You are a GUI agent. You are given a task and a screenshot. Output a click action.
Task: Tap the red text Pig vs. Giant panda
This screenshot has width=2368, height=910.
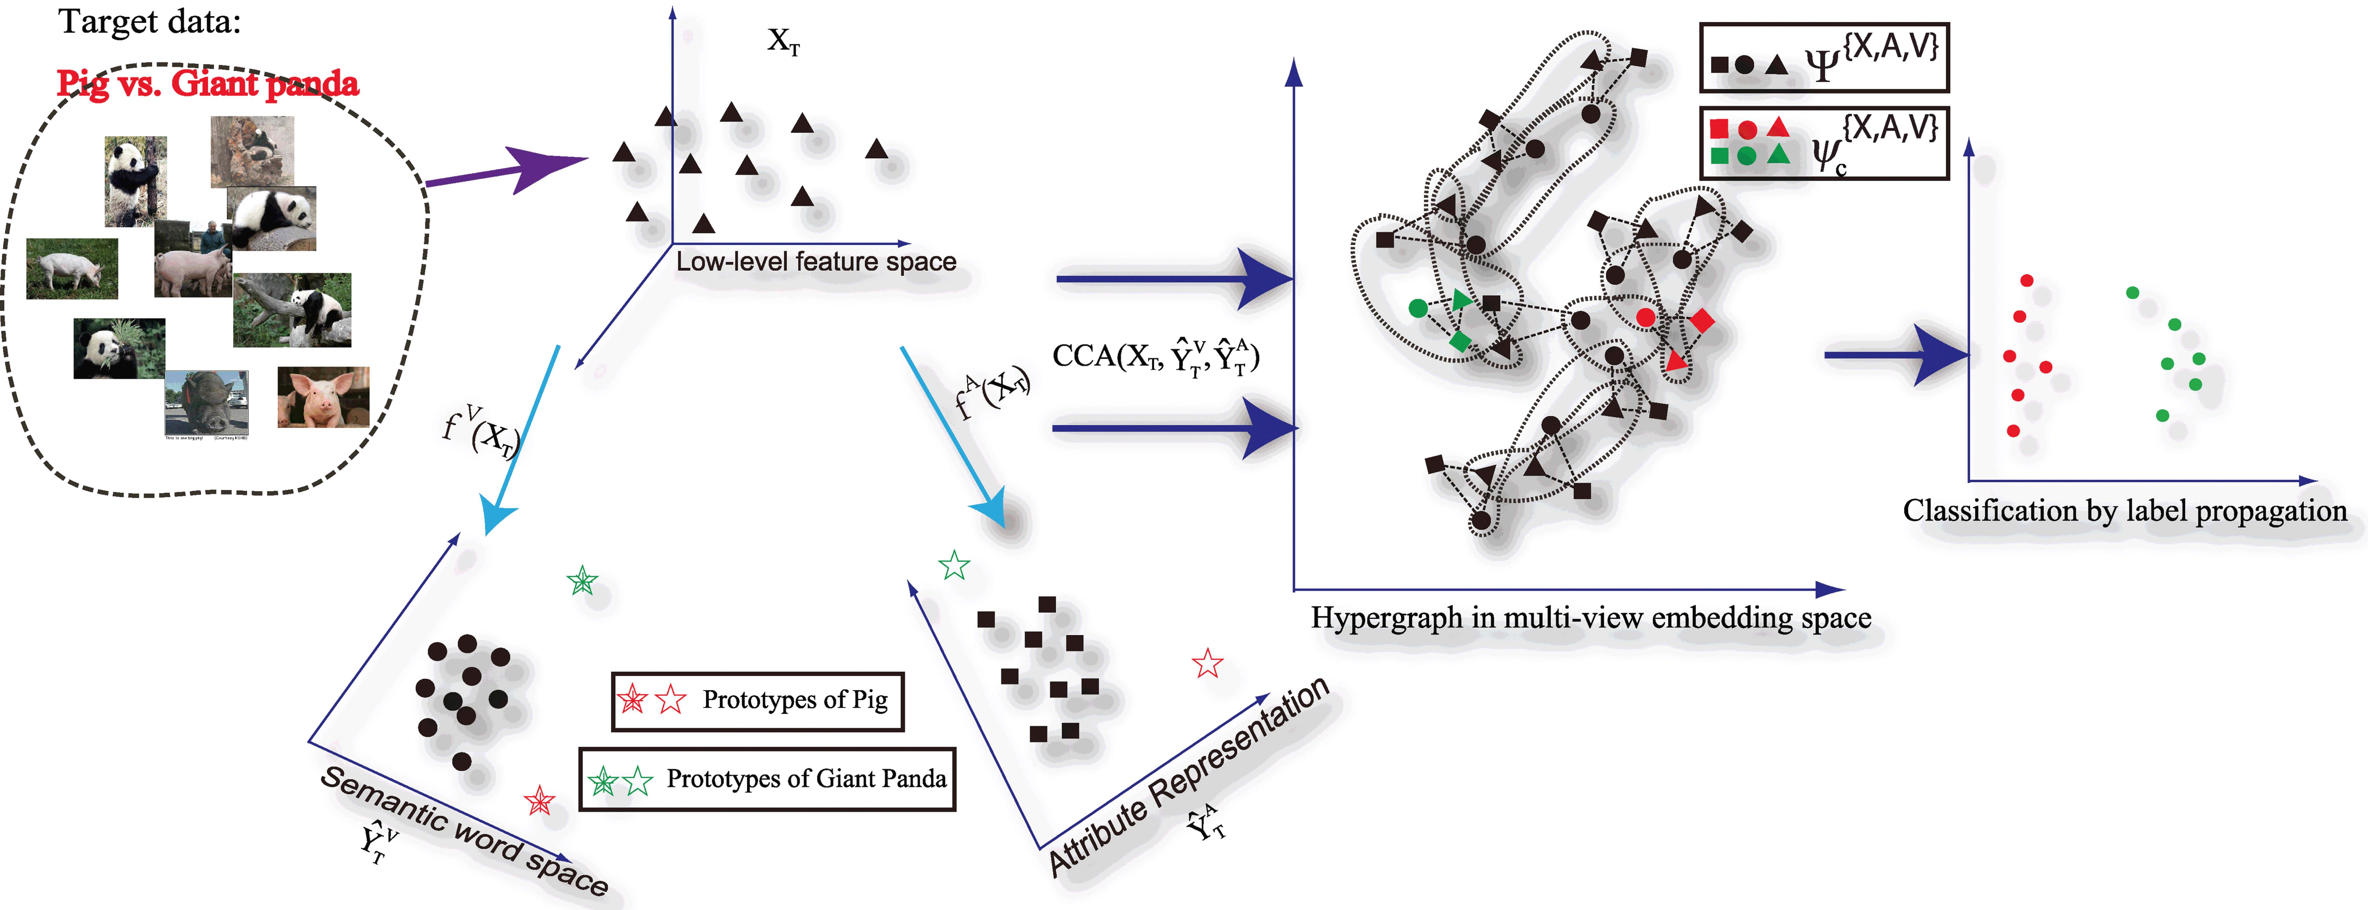click(208, 84)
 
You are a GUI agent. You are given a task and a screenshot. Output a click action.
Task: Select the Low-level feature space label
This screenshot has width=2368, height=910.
click(816, 262)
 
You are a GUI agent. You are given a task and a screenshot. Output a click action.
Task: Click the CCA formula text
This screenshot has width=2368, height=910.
click(1155, 357)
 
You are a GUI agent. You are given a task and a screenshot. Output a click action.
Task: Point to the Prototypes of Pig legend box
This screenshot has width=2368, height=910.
click(758, 700)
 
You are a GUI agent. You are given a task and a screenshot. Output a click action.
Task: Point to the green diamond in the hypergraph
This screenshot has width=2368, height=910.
click(1460, 341)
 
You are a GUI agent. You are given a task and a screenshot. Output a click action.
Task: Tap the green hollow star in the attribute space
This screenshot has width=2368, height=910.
click(954, 565)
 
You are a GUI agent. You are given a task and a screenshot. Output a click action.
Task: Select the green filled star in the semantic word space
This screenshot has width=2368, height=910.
click(582, 581)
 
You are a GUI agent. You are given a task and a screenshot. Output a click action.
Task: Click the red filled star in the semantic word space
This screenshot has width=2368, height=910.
click(540, 801)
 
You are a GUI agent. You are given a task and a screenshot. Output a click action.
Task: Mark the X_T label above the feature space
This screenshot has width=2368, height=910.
click(783, 41)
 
